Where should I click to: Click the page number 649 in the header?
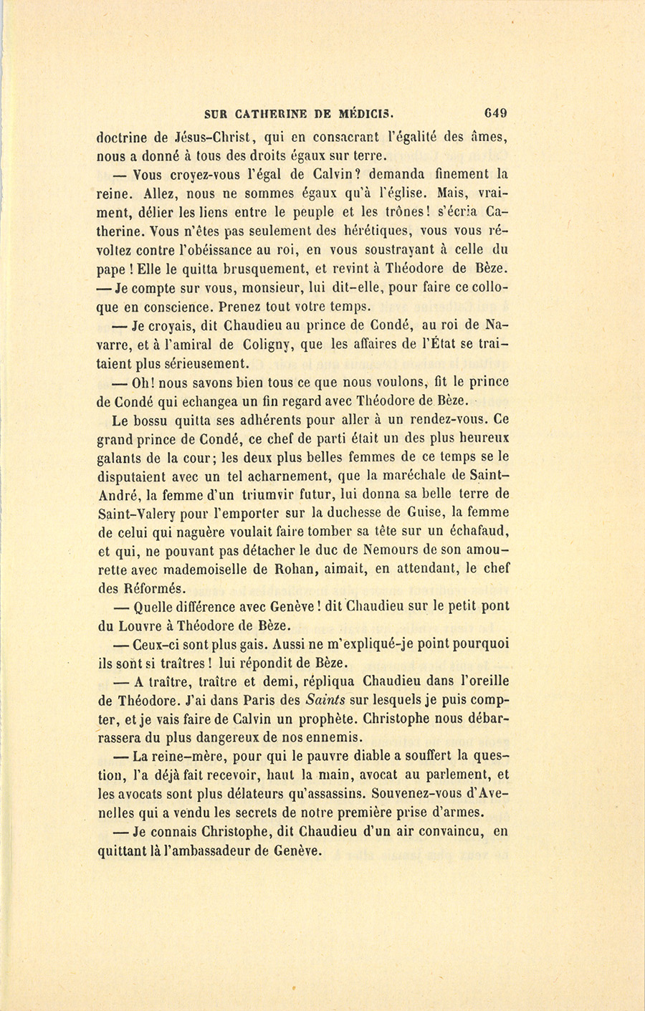(x=495, y=112)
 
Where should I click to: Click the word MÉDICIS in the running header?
(x=364, y=112)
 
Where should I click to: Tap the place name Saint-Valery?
(x=143, y=513)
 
